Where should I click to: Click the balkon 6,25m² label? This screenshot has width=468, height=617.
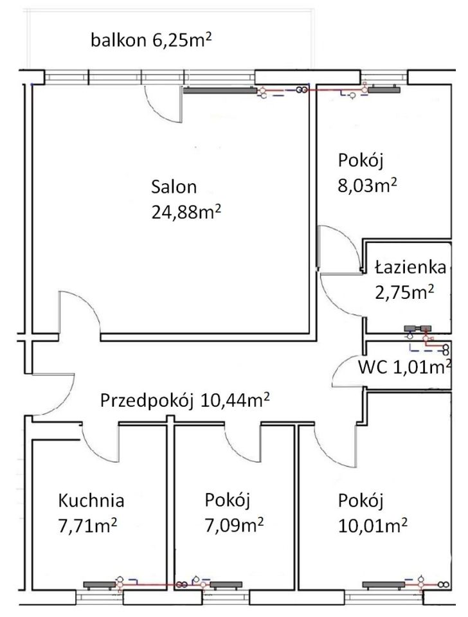click(x=152, y=42)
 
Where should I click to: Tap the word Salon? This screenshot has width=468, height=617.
click(x=174, y=188)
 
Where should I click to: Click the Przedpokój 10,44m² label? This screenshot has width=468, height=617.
click(x=184, y=400)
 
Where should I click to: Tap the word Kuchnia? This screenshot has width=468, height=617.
click(x=91, y=500)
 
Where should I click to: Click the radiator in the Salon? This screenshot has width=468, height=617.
click(x=219, y=91)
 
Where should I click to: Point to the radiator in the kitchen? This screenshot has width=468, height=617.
click(x=100, y=585)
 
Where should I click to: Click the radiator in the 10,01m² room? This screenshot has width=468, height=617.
click(x=384, y=585)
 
